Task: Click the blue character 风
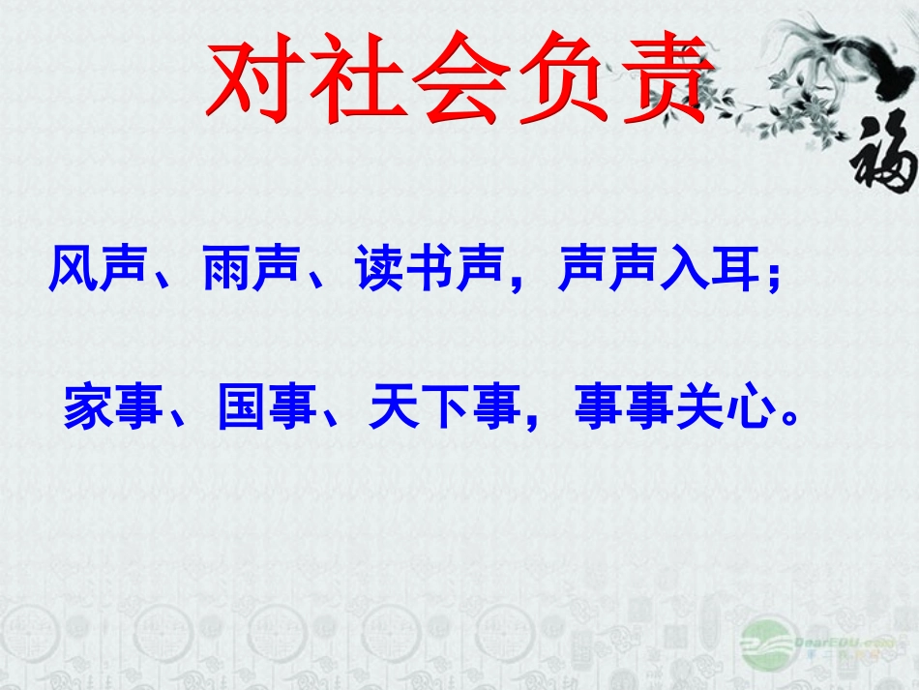tap(74, 272)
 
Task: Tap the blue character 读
tap(379, 272)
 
